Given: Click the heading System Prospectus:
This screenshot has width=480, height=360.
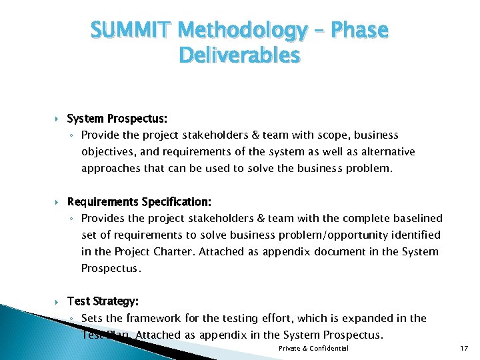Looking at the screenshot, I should tap(117, 119).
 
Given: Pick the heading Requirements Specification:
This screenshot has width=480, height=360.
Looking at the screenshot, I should tap(139, 201).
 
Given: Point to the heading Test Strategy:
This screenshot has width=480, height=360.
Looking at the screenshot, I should tap(103, 301).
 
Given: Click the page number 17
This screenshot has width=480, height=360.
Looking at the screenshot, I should tap(464, 349).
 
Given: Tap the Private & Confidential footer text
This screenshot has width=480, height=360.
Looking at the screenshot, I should tap(313, 349).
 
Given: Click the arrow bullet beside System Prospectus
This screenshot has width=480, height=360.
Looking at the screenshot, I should tap(58, 119).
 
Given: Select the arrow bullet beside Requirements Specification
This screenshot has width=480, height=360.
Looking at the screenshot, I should tap(58, 201).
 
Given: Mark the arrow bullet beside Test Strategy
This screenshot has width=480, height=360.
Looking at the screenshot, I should tap(58, 301).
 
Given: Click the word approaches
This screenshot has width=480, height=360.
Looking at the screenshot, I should tap(110, 168).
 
